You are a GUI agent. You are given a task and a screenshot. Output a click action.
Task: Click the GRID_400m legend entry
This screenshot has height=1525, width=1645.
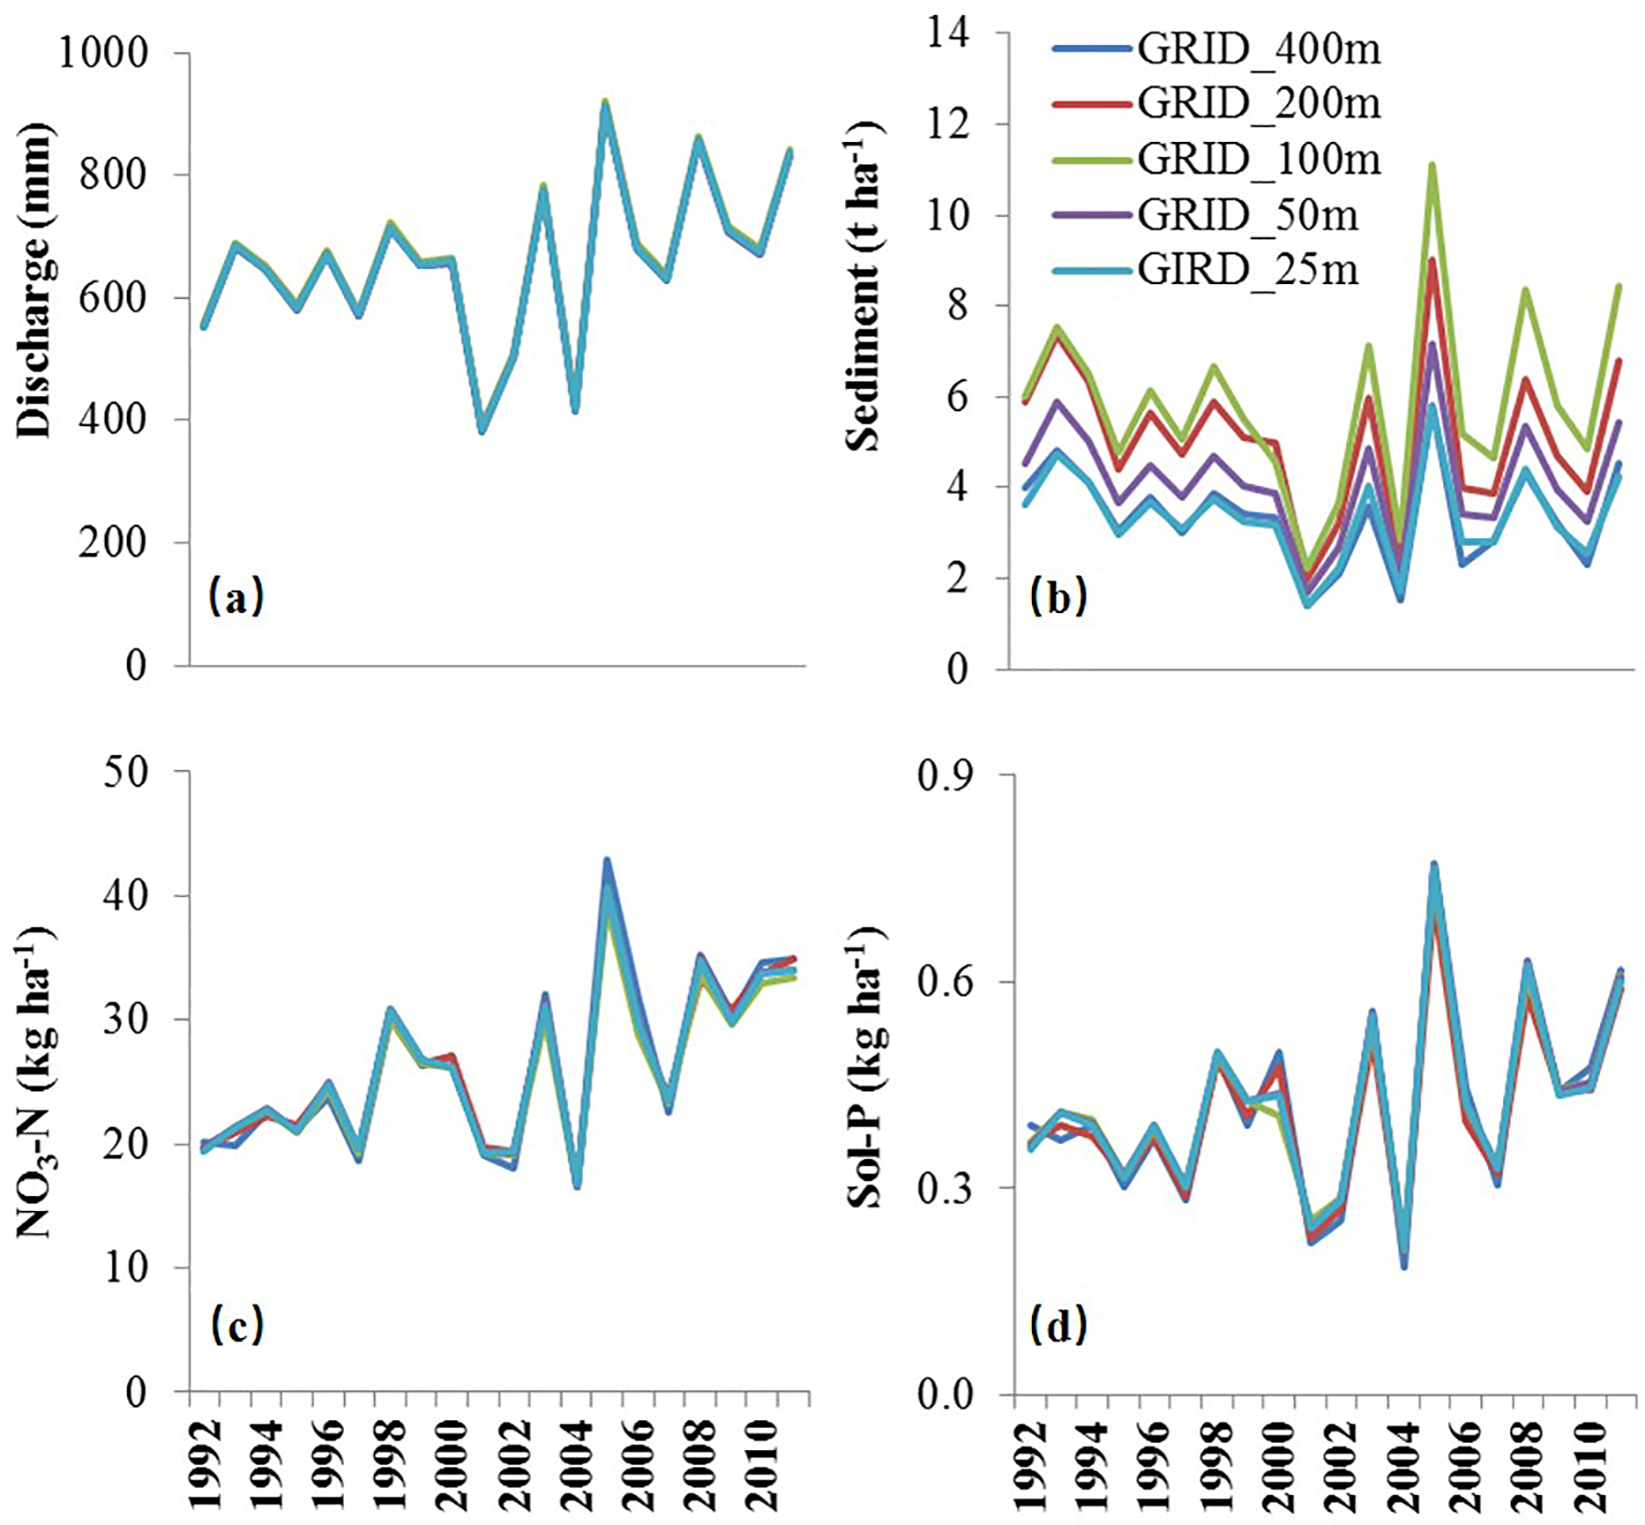click(1258, 49)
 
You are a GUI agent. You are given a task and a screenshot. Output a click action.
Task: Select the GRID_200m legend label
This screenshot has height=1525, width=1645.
click(1258, 103)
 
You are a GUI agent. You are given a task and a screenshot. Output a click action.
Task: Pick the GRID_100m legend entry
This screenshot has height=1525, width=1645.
click(1258, 159)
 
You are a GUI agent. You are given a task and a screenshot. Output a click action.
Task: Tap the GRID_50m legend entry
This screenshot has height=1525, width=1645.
click(1247, 215)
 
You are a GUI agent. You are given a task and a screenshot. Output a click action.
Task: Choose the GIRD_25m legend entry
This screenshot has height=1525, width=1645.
click(1247, 270)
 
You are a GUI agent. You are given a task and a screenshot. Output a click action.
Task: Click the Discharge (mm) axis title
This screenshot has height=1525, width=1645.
click(36, 279)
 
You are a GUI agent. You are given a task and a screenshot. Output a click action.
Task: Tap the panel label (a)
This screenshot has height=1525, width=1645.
click(236, 596)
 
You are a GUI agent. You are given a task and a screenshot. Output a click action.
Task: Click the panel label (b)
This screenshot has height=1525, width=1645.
click(1058, 596)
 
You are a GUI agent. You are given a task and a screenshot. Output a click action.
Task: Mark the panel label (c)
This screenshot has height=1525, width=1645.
click(236, 1325)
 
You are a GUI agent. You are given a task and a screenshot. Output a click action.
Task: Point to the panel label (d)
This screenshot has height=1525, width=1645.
click(1058, 1325)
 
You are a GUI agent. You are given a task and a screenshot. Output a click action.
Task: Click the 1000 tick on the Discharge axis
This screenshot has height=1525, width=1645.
click(104, 52)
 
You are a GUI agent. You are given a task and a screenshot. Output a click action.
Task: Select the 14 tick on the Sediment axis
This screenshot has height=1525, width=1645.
click(950, 34)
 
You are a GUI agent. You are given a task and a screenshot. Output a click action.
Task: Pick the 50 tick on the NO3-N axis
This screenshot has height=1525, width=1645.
click(125, 773)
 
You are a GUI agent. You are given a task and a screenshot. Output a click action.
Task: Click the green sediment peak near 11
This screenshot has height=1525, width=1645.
click(1431, 165)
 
